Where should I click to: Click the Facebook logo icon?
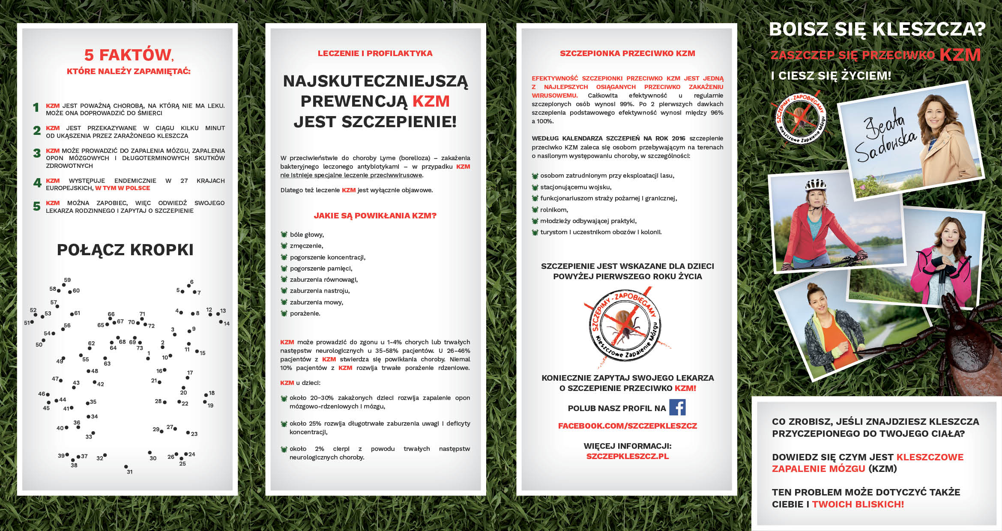click(677, 407)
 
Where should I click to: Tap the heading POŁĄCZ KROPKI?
click(125, 250)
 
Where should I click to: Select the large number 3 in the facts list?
click(37, 153)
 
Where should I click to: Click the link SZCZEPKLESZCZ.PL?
click(627, 456)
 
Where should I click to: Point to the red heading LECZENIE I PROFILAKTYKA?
click(375, 54)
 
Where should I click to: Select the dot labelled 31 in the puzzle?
click(126, 466)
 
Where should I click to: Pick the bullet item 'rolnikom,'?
click(554, 210)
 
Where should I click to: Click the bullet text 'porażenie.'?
click(305, 313)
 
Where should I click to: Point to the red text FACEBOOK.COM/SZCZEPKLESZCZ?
click(627, 426)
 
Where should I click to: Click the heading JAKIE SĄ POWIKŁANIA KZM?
click(375, 216)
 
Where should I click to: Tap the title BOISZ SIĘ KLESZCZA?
click(877, 30)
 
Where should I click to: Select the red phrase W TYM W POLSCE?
click(123, 188)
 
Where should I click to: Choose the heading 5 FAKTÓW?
click(128, 55)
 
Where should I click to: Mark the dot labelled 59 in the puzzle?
click(64, 285)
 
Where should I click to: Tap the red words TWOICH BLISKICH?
click(858, 504)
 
